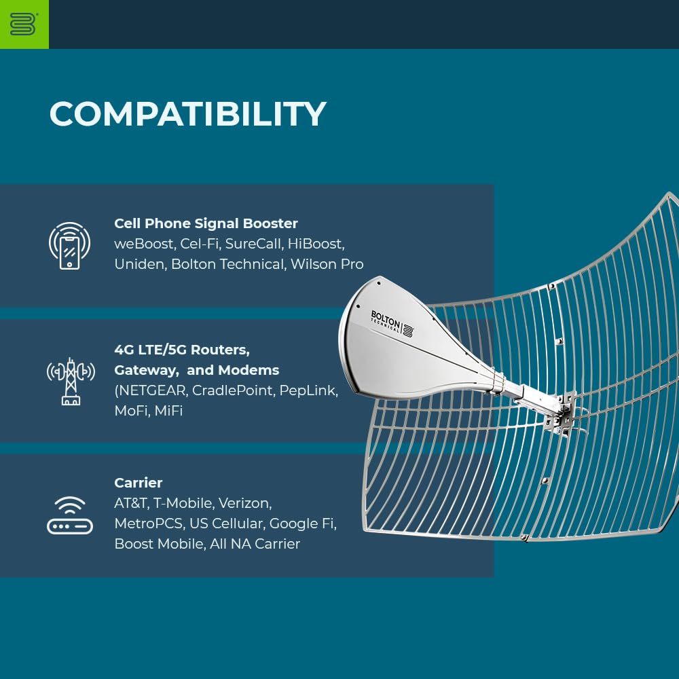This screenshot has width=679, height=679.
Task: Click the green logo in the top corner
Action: click(x=24, y=24)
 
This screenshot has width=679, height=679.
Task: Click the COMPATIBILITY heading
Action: click(x=187, y=114)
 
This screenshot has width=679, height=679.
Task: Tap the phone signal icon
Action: click(x=70, y=246)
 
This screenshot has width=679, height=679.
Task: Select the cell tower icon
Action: click(x=71, y=381)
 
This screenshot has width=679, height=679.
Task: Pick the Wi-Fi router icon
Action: click(x=70, y=515)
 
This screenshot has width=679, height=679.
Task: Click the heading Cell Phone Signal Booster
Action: click(x=206, y=223)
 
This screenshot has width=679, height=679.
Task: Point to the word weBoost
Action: click(x=144, y=244)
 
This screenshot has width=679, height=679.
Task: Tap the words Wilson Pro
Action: click(x=327, y=264)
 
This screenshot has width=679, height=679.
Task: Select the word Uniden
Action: click(x=141, y=264)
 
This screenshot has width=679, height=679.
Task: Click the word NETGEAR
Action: click(x=152, y=390)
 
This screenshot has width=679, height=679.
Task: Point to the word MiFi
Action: click(x=168, y=411)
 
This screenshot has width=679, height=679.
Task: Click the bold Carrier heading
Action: click(x=139, y=483)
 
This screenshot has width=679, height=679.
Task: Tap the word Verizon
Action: click(x=245, y=503)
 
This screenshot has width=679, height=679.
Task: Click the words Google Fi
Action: click(x=303, y=524)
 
